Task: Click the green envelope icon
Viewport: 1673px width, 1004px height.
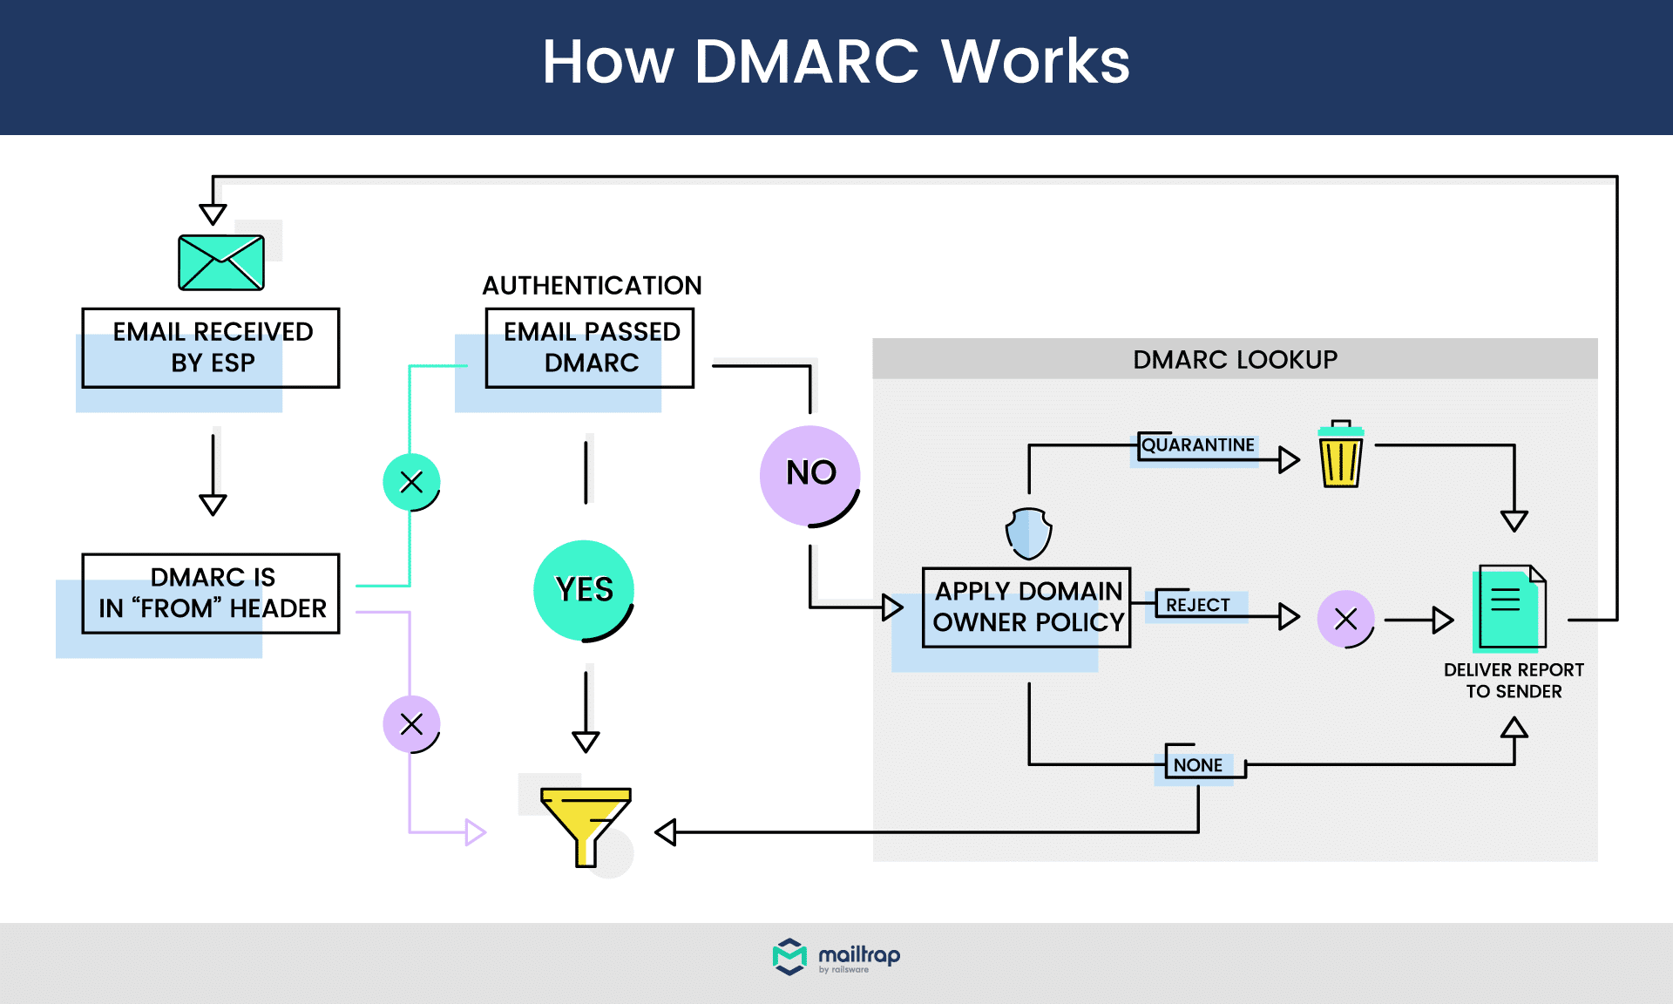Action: point(220,262)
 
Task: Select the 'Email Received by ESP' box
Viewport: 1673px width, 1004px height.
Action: point(211,348)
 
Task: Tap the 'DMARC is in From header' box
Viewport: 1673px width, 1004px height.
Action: point(211,594)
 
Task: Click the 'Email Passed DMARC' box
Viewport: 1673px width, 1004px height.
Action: point(590,348)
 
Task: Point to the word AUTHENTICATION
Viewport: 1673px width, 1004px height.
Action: point(592,286)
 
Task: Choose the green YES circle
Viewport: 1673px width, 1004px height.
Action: point(583,590)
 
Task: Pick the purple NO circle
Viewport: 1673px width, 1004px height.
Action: point(809,475)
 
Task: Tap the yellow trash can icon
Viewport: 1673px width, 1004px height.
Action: point(1340,455)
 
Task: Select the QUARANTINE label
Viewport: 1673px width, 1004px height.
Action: point(1197,445)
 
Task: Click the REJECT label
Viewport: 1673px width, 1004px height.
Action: point(1197,605)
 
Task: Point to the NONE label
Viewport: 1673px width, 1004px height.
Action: point(1197,765)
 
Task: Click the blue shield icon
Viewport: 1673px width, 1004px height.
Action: point(1028,533)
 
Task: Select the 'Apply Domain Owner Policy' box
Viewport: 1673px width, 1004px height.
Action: point(1026,607)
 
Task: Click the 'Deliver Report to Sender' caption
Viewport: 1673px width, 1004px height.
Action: point(1514,681)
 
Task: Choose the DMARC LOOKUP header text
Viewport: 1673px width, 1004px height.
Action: point(1235,360)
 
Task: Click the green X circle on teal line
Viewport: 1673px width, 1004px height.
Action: point(411,482)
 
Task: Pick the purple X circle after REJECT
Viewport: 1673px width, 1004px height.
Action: point(1345,620)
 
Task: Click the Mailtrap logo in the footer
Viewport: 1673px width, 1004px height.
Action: point(836,957)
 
